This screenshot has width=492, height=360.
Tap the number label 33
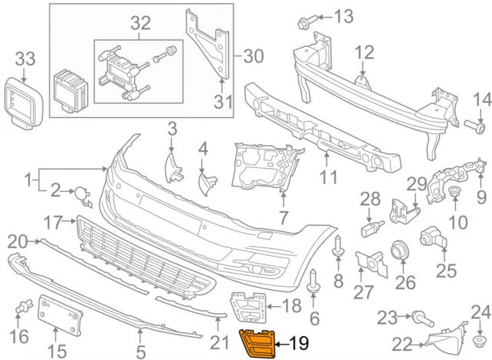pyautogui.click(x=25, y=57)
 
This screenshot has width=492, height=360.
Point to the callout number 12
pyautogui.click(x=364, y=53)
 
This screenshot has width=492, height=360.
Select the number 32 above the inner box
pyautogui.click(x=140, y=24)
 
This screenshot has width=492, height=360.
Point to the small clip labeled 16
pyautogui.click(x=23, y=310)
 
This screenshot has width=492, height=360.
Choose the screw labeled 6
pyautogui.click(x=313, y=281)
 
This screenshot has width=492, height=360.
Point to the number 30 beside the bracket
pyautogui.click(x=253, y=56)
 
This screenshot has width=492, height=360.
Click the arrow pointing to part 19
pyautogui.click(x=282, y=342)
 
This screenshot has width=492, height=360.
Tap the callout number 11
pyautogui.click(x=329, y=178)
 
